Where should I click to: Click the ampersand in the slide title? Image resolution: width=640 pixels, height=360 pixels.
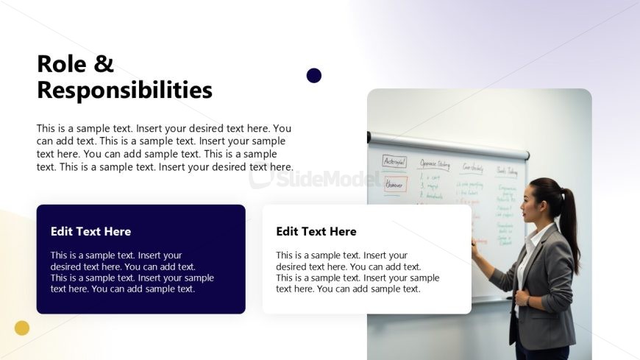click(x=104, y=64)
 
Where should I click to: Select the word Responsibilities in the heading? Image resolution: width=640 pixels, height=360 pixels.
click(x=124, y=90)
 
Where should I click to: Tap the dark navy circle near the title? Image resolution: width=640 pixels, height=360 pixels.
click(x=314, y=75)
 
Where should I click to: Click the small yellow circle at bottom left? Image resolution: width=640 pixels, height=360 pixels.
click(x=22, y=328)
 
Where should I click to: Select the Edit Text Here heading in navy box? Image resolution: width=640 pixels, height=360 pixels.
click(x=90, y=231)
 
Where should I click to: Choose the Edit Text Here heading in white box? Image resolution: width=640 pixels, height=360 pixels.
click(x=316, y=231)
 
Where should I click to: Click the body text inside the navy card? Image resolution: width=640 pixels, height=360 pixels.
click(x=132, y=272)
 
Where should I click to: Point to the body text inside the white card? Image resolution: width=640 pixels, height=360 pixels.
click(x=357, y=272)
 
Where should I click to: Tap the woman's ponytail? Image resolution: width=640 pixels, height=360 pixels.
click(x=570, y=221)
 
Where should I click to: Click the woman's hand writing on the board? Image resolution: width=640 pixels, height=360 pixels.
click(x=474, y=249)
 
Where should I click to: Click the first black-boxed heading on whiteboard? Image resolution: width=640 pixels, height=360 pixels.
click(x=394, y=161)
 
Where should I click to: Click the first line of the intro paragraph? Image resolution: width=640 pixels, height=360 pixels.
click(x=163, y=128)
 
